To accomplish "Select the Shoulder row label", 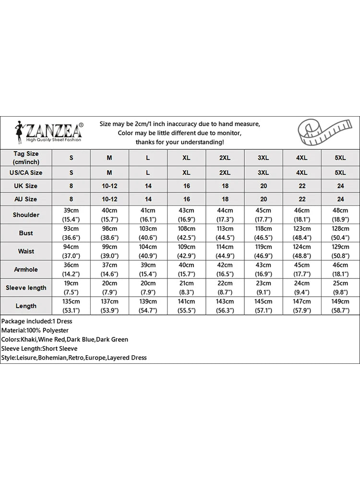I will pos(26,215).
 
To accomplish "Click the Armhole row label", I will pos(26,269).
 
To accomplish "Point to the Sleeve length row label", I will pos(26,288).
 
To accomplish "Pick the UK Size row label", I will pos(26,186).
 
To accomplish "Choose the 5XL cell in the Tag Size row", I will pos(340,158).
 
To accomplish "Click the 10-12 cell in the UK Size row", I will pos(109,186).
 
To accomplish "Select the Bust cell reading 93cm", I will pos(71,233).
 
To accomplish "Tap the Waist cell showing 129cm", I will pos(340,251).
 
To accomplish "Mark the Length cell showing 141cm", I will pos(186,306).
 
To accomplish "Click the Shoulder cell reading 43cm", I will pos(186,215).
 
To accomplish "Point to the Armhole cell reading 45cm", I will pos(301,269).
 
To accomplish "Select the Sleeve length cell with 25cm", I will pos(340,288).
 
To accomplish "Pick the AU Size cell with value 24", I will pos(340,199).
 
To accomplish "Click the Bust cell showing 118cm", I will pos(263,233).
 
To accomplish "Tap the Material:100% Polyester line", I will pos(35,330).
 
